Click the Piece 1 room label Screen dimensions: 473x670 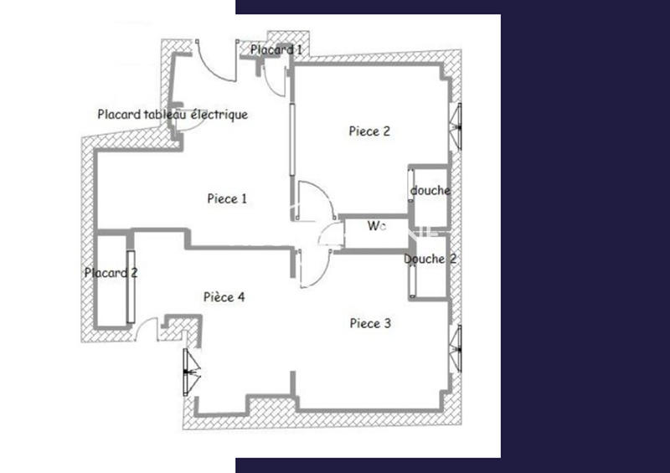(x=227, y=199)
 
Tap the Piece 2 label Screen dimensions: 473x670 (x=369, y=131)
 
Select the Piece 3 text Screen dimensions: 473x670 (x=369, y=323)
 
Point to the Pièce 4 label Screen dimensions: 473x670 (x=224, y=296)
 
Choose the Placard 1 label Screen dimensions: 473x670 (x=276, y=50)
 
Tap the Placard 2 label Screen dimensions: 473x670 (x=111, y=272)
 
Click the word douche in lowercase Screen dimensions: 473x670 (x=430, y=191)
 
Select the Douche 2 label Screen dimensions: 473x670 (x=430, y=260)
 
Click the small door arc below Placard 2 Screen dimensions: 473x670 (x=146, y=327)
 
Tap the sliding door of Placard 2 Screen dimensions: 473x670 (x=130, y=286)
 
